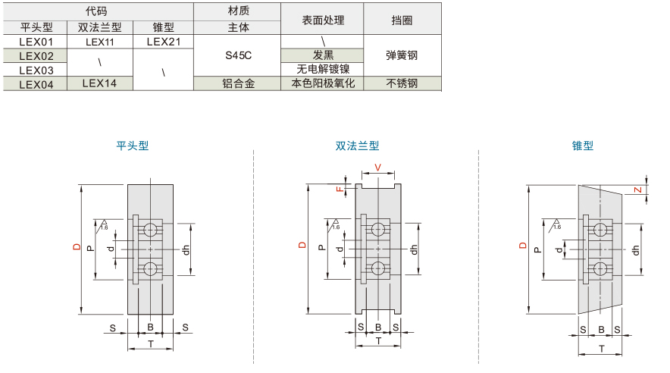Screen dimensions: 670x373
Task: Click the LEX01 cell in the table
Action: pos(36,42)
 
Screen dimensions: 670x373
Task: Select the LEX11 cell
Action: pos(99,42)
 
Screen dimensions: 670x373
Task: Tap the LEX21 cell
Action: pos(164,42)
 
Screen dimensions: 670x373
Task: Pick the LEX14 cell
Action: pos(99,83)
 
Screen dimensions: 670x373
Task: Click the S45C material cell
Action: pos(238,55)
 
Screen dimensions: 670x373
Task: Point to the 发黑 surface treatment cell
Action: pos(323,55)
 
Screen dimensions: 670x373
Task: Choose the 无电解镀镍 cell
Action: pos(323,69)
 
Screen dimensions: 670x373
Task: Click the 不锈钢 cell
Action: pos(402,83)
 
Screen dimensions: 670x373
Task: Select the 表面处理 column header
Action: pos(323,20)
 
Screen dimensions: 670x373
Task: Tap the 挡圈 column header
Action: pos(402,20)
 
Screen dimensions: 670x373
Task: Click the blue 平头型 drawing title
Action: pos(133,146)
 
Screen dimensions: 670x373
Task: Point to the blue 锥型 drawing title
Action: pos(582,146)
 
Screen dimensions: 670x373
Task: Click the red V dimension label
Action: pos(377,168)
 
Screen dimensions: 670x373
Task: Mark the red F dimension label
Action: pos(340,189)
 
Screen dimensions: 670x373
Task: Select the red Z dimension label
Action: pos(637,190)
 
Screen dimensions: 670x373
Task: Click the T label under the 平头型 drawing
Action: pos(150,343)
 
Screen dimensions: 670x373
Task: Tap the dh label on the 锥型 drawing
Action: pos(636,250)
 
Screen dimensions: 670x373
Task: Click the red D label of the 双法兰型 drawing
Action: pos(302,245)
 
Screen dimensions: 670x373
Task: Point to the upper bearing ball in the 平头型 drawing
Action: pos(150,230)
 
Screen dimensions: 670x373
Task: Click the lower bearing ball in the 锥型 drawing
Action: pos(600,268)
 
